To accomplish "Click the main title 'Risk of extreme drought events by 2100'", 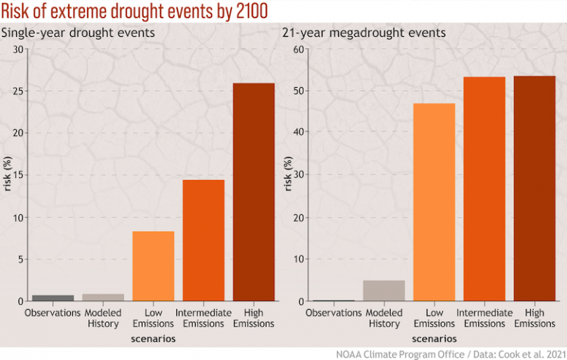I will pos(134,13).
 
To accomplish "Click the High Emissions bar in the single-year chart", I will pos(253,192).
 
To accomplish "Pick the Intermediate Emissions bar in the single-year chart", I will pos(203,240).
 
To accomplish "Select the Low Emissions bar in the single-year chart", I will pos(153,266).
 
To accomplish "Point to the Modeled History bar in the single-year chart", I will pos(103,297).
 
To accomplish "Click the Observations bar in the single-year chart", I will pos(52,298).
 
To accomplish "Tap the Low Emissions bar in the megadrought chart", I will pos(434,202).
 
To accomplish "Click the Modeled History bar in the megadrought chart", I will pos(384,291).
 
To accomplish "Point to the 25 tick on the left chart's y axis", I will pos(18,91).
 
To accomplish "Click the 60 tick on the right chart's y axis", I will pos(300,49).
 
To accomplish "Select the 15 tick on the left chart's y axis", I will pos(18,176).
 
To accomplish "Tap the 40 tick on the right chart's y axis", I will pos(300,134).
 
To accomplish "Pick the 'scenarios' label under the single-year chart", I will pos(153,339).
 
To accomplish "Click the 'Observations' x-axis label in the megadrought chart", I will pos(333,313).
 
